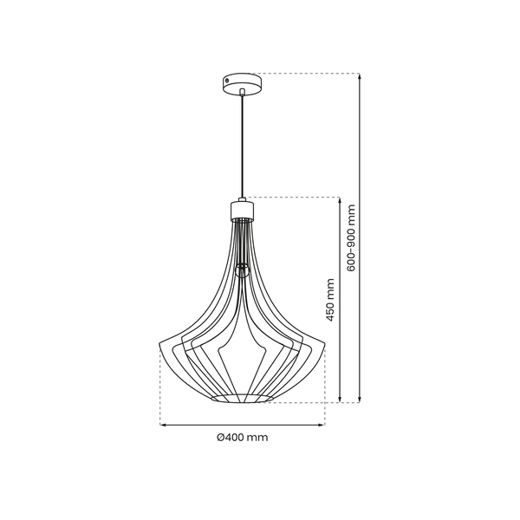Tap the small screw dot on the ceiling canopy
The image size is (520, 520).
click(x=228, y=80)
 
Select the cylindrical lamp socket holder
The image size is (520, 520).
click(x=243, y=209)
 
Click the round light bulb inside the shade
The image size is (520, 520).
click(x=243, y=268)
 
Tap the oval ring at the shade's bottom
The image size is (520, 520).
click(x=243, y=398)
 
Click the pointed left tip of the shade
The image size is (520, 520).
click(x=162, y=341)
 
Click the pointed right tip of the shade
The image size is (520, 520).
click(x=324, y=341)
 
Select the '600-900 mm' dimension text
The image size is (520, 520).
click(x=351, y=237)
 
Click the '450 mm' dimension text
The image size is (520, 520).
click(x=329, y=300)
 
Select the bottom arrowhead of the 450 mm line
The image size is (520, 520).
click(x=339, y=400)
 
